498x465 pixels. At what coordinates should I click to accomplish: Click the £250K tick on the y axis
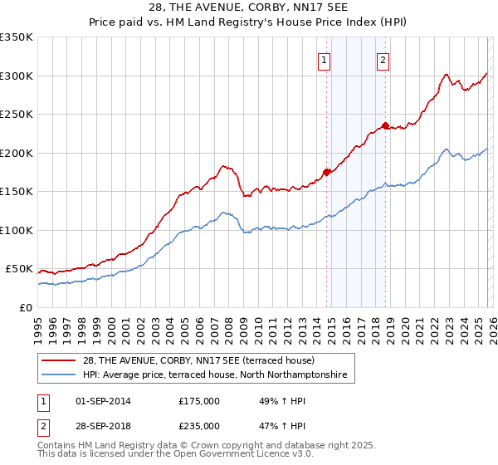[x=17, y=115]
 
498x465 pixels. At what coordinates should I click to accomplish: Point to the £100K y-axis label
[x=17, y=230]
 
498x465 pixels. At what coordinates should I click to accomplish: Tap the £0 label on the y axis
[x=24, y=307]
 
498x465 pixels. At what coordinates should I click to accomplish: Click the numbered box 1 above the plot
[x=324, y=60]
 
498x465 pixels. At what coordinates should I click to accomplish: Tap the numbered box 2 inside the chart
[x=383, y=60]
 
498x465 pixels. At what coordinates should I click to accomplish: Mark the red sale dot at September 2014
[x=326, y=172]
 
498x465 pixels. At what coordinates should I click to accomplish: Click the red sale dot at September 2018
[x=386, y=126]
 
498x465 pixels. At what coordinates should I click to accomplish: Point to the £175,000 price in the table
[x=199, y=401]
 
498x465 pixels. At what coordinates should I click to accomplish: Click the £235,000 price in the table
[x=199, y=425]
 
